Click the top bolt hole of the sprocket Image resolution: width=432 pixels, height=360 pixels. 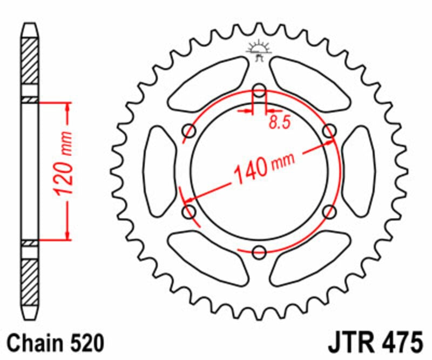[260, 90]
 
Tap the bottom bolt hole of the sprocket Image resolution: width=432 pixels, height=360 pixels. [260, 251]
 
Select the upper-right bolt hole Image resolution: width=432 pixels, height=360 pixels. [329, 131]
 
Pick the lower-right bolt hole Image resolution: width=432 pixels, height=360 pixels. [329, 211]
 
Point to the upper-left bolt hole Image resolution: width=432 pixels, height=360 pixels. [190, 131]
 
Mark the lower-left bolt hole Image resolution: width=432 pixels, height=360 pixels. [190, 211]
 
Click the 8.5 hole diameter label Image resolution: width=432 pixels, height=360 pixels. [279, 123]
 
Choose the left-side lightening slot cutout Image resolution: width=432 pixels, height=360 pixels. [160, 171]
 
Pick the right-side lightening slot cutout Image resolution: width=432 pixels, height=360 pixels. [359, 171]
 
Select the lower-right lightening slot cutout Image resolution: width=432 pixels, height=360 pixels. [310, 258]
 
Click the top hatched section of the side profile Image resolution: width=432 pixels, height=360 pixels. [30, 61]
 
